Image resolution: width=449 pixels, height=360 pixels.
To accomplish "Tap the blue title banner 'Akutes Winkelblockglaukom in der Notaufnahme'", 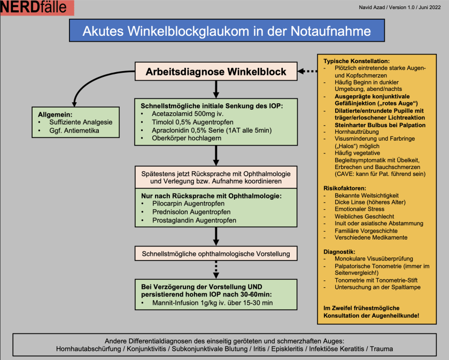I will coord(227,31).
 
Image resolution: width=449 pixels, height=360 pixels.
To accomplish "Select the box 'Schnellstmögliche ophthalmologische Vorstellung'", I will coord(215,253).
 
